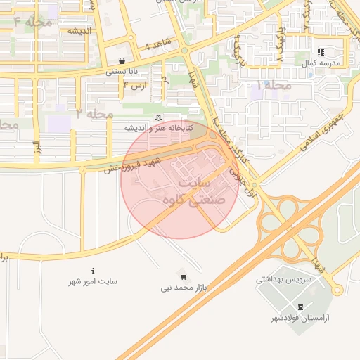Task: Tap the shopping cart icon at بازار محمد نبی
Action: [184, 276]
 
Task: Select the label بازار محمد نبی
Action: [184, 288]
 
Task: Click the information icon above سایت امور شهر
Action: [93, 271]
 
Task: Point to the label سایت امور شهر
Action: [93, 281]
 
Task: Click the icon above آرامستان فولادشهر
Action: [301, 307]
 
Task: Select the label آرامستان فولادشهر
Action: [301, 318]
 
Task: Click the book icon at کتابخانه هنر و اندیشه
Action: [158, 117]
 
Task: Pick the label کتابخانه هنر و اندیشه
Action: [158, 127]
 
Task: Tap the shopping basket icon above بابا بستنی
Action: [124, 61]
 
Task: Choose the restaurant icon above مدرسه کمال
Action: [321, 52]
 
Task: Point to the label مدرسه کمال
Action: [321, 63]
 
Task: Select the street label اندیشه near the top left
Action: [82, 30]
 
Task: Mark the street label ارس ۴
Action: [135, 85]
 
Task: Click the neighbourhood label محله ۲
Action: [95, 112]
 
